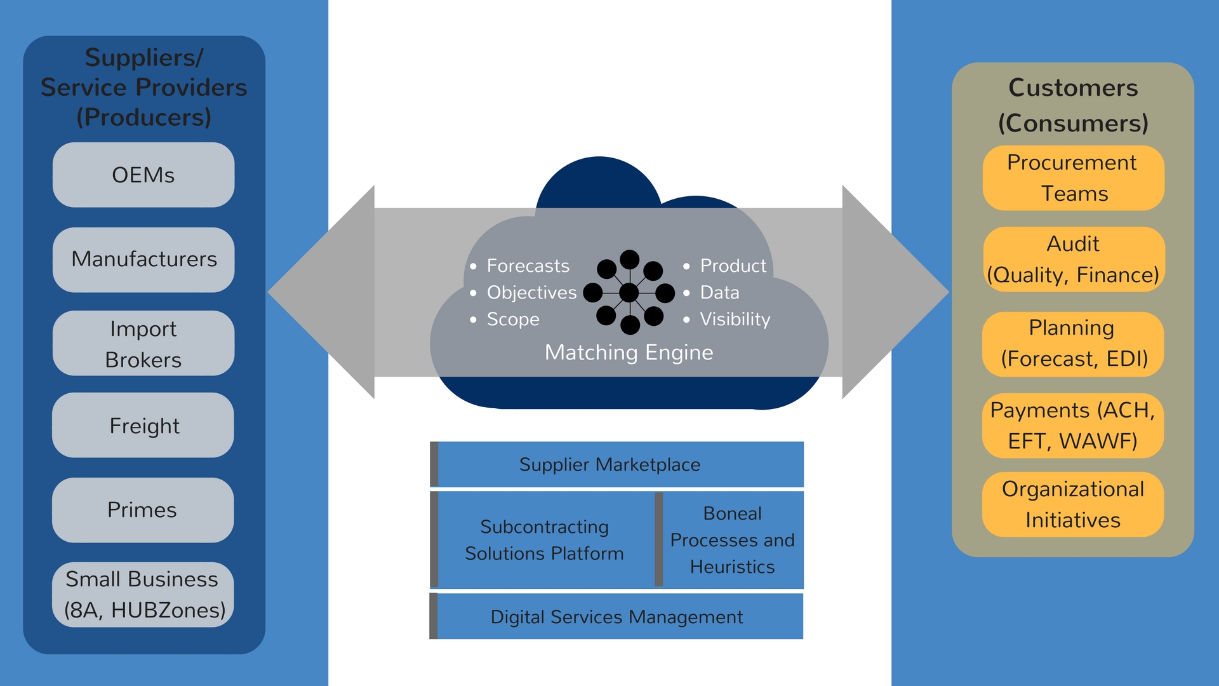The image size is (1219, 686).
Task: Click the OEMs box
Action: [143, 175]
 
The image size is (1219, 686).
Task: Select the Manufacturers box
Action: [143, 260]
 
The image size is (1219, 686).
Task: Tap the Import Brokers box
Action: [143, 343]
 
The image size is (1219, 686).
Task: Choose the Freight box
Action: [143, 425]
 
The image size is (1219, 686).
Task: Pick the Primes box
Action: [143, 510]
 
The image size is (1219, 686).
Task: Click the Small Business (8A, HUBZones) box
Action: [143, 595]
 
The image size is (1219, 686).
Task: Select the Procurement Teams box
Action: [1074, 178]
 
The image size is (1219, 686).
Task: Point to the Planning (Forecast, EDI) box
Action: [1073, 344]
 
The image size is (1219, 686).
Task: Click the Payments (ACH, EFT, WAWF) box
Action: [1073, 426]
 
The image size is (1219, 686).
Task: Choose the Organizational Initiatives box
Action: [1073, 504]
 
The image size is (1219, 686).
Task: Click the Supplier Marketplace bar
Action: [616, 464]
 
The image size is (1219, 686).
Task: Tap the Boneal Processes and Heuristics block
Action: [729, 540]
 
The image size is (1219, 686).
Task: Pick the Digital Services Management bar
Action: [616, 616]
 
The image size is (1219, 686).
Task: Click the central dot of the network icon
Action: [629, 293]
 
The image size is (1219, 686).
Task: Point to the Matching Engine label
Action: [629, 353]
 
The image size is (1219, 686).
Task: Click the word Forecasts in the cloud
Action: [528, 266]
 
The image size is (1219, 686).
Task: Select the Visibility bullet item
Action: [728, 319]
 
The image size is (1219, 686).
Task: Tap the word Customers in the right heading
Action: [1073, 88]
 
